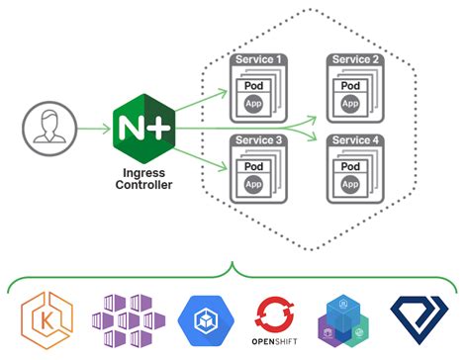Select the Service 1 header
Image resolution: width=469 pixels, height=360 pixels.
[259, 60]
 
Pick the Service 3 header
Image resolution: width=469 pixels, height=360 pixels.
[259, 141]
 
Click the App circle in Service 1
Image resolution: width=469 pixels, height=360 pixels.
[253, 102]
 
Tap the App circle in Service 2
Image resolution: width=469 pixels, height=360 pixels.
[350, 102]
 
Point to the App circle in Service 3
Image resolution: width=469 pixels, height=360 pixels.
[253, 183]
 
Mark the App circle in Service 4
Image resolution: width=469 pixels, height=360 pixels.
[350, 183]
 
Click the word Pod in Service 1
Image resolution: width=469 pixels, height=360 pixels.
[253, 84]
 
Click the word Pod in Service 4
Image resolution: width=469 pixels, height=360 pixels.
[350, 165]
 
